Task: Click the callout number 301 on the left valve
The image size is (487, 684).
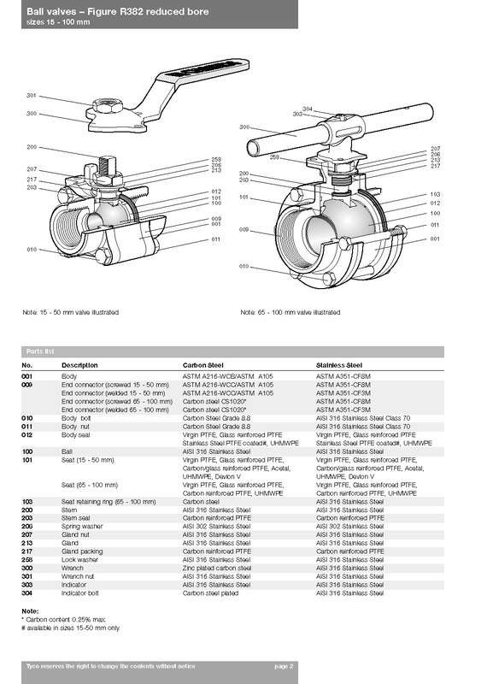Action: point(32,96)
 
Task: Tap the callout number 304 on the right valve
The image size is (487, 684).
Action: point(308,109)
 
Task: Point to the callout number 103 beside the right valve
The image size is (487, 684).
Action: point(435,195)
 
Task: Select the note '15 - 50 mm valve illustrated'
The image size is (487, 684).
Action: point(71,312)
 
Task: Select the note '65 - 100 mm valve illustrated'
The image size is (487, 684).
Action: point(290,312)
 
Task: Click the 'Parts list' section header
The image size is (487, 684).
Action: point(40,351)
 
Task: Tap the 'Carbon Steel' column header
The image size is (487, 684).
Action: point(203,365)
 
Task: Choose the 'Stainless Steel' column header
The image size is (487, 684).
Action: point(339,365)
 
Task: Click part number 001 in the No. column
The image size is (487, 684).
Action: point(27,376)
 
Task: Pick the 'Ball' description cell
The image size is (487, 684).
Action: point(67,451)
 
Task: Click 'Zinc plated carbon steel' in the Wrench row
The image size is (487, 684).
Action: point(217,568)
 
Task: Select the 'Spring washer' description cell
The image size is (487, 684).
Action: point(82,527)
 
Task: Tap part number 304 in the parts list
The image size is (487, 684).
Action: point(27,593)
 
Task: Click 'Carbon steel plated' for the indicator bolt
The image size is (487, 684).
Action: point(210,593)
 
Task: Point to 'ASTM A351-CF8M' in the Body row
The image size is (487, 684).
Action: point(343,376)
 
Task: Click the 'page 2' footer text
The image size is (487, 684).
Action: point(284,666)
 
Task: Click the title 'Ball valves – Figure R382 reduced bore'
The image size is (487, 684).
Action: point(118,12)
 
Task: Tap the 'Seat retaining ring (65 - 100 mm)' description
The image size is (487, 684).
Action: point(109,502)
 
